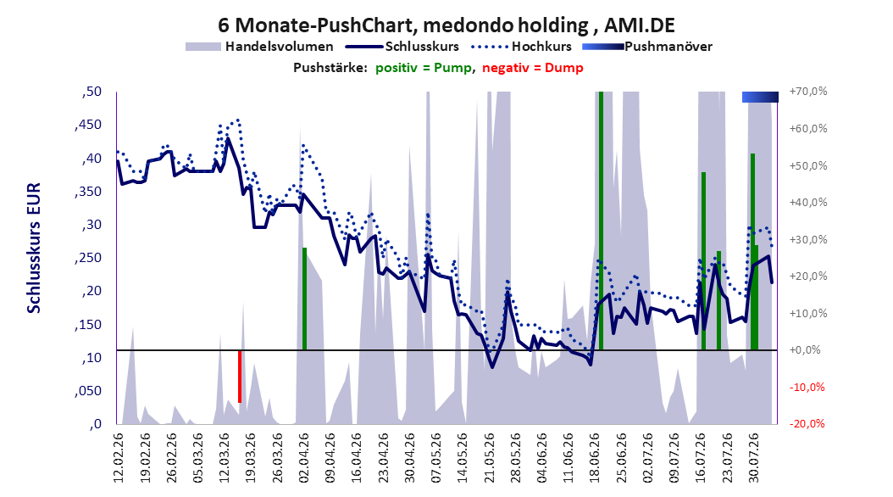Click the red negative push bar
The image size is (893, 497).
(x=240, y=377)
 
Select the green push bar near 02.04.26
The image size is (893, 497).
(x=305, y=299)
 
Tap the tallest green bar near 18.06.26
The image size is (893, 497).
(x=601, y=221)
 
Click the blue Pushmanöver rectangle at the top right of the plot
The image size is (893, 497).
(x=760, y=97)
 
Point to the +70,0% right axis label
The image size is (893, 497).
(x=808, y=92)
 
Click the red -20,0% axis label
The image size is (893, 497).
(x=807, y=423)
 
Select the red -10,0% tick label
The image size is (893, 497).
(x=807, y=387)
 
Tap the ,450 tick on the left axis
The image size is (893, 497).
(x=88, y=125)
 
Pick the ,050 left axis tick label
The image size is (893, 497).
(x=88, y=391)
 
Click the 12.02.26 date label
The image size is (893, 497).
(x=119, y=458)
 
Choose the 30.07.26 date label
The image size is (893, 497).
(x=754, y=458)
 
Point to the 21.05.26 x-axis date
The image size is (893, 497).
(x=489, y=458)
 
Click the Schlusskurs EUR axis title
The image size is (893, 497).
(x=34, y=248)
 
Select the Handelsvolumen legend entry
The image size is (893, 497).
(x=260, y=47)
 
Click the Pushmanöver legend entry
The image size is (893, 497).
(x=647, y=47)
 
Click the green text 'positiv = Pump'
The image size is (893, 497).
(x=424, y=68)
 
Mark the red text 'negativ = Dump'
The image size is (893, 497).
(x=533, y=68)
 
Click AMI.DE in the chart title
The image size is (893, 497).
(x=640, y=25)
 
